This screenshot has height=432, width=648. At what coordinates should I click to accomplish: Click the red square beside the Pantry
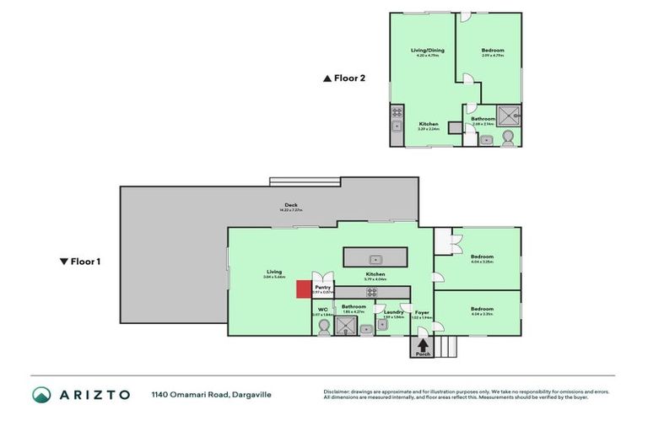pyautogui.click(x=303, y=289)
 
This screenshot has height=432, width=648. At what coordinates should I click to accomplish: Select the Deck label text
pyautogui.click(x=291, y=205)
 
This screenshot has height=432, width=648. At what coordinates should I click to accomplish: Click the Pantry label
pyautogui.click(x=322, y=287)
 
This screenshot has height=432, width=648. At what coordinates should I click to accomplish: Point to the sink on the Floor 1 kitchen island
pyautogui.click(x=376, y=257)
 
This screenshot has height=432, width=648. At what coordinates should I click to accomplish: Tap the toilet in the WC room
pyautogui.click(x=323, y=325)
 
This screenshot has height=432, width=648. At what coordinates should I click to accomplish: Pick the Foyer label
pyautogui.click(x=422, y=312)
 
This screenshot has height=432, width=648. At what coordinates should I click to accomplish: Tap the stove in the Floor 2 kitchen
pyautogui.click(x=397, y=112)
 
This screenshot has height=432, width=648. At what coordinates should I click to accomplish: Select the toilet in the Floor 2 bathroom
pyautogui.click(x=508, y=138)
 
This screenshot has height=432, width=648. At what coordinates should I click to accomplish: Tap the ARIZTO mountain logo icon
pyautogui.click(x=41, y=394)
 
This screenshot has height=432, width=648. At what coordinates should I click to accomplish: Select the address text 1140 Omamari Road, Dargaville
pyautogui.click(x=211, y=394)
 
